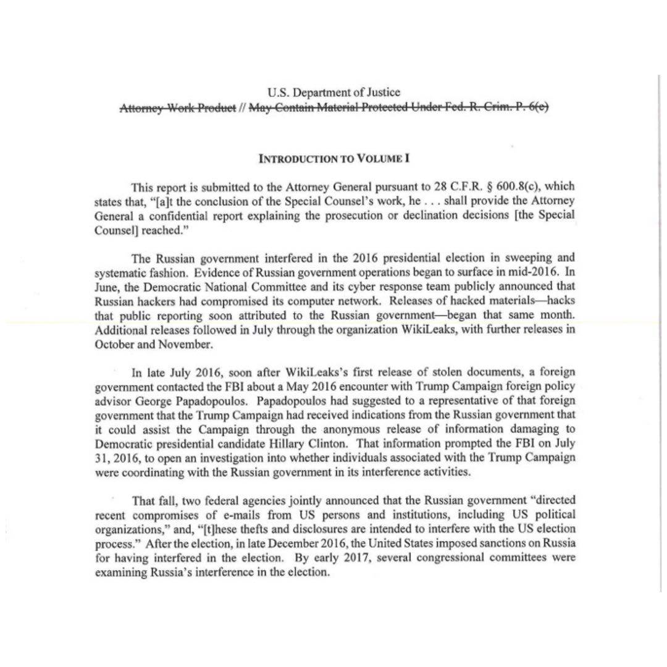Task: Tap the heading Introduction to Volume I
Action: coord(333,158)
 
